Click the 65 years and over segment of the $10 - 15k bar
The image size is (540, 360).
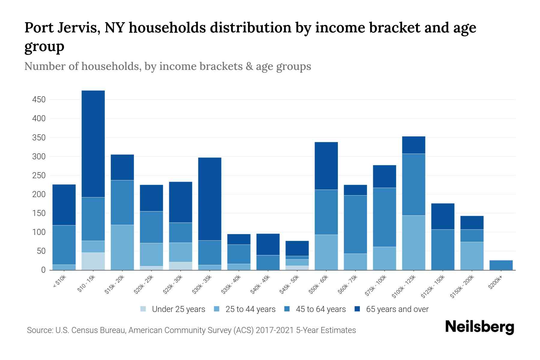point(93,144)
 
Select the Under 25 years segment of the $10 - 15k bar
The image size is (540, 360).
point(93,261)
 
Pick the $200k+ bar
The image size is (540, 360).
point(501,265)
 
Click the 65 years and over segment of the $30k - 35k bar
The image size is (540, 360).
point(210,199)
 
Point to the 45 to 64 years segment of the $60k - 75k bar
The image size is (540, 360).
point(355,224)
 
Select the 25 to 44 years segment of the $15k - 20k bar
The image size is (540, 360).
point(122,247)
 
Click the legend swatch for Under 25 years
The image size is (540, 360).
point(143,309)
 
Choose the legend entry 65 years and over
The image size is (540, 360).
point(397,309)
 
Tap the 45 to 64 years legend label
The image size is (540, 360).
point(320,309)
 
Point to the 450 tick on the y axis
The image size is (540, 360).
point(39,100)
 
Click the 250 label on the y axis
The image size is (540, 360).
point(39,175)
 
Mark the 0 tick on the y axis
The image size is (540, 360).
point(43,270)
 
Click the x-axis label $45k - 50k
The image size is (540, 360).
point(290,284)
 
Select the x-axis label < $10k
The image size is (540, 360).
point(59,282)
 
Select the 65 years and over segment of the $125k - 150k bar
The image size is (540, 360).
point(442,216)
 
